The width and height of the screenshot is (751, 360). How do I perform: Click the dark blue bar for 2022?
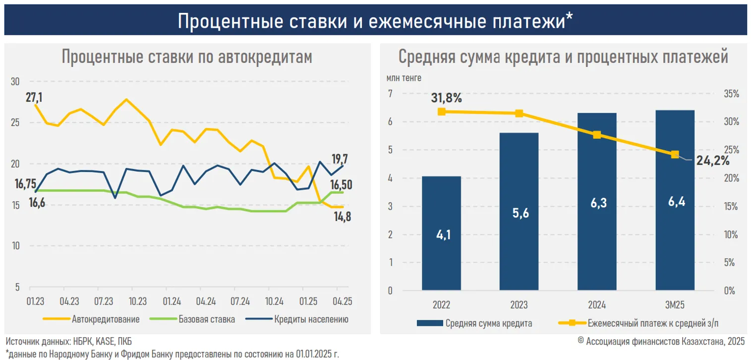(x=441, y=233)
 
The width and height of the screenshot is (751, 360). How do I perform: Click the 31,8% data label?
(x=446, y=98)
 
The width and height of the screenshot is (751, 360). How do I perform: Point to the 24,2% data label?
(x=713, y=161)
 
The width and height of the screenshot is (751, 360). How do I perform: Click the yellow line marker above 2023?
(x=519, y=114)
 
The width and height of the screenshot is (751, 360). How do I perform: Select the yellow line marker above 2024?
(x=597, y=135)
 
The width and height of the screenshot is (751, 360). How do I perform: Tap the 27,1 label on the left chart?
(x=34, y=97)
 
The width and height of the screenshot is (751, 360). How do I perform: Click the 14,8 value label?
(x=342, y=217)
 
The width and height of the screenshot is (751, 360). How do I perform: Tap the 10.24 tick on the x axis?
(x=274, y=301)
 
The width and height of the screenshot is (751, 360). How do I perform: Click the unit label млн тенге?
(x=404, y=77)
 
